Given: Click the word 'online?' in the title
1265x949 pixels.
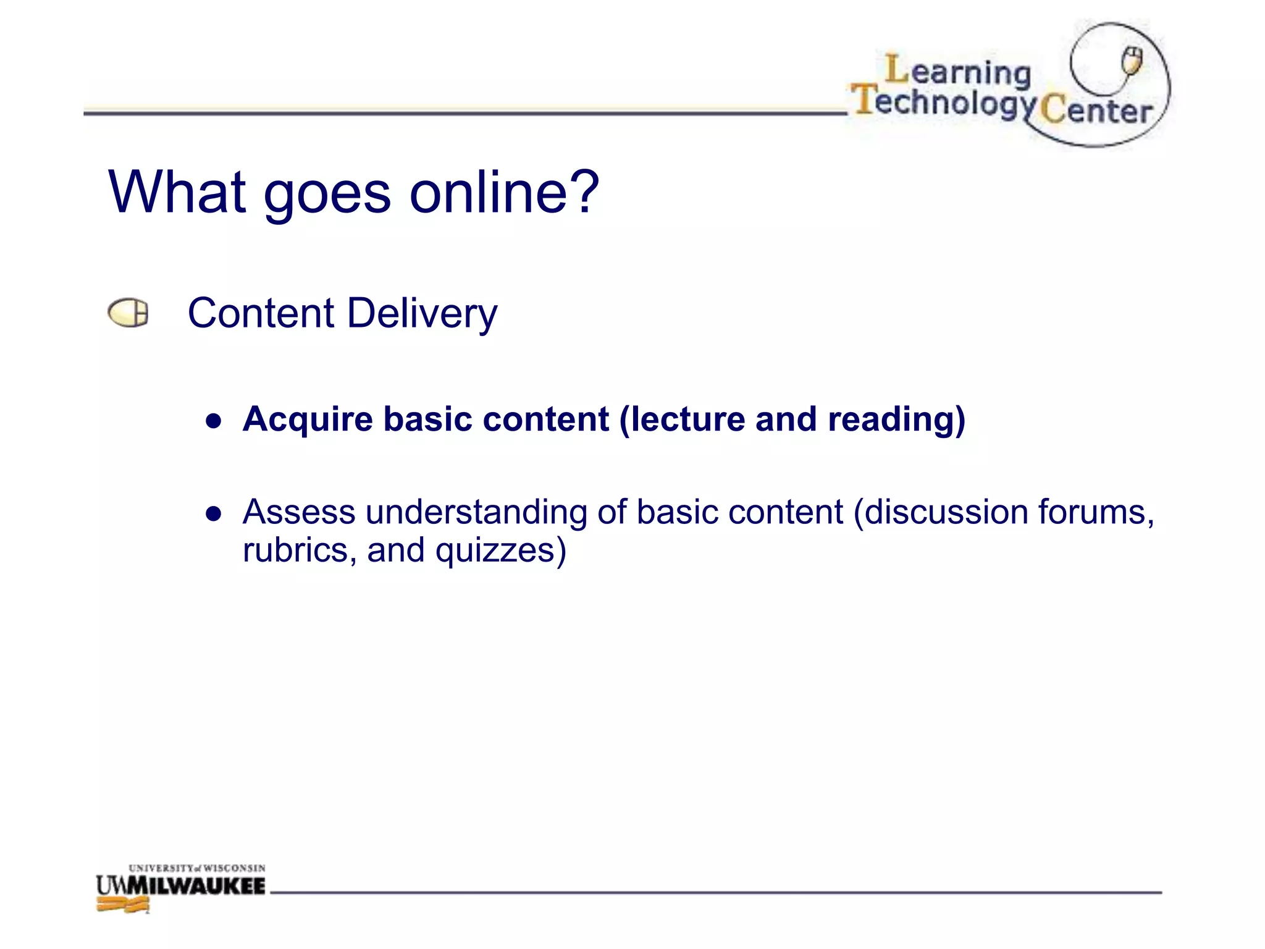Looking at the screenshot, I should (x=504, y=192).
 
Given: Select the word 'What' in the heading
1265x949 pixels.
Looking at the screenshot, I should (x=177, y=192).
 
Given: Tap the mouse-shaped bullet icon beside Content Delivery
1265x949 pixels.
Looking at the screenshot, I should (x=128, y=313).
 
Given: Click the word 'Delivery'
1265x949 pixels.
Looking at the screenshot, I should (x=422, y=314).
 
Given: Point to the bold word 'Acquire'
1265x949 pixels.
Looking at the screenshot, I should (x=308, y=420).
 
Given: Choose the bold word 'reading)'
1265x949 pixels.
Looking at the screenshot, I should (x=896, y=420).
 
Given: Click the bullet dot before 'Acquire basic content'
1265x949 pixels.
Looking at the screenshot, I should (x=214, y=421).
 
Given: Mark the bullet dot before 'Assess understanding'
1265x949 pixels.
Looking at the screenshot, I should (x=214, y=514).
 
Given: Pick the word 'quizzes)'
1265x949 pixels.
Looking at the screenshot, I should (x=500, y=551).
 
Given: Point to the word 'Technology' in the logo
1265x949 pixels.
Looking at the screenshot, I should (x=943, y=102).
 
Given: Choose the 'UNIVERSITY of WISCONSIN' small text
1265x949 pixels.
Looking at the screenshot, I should (x=196, y=868).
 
